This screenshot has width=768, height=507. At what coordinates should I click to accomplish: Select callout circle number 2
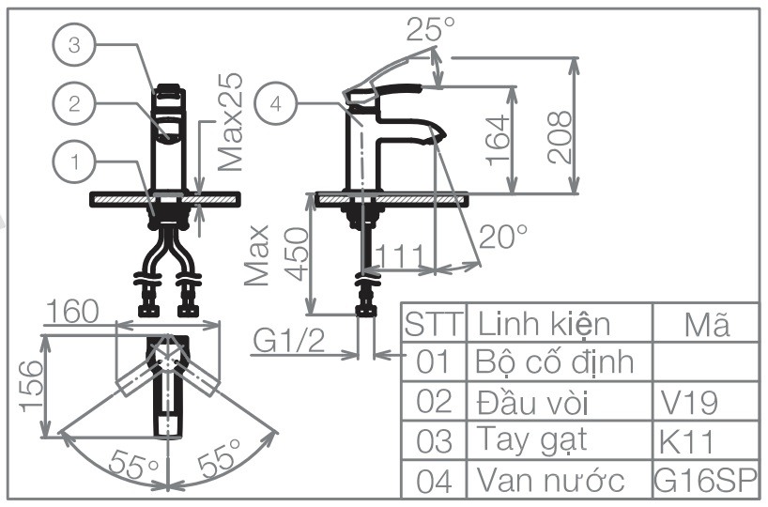[x=74, y=104]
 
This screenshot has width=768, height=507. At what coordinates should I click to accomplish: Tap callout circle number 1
[x=74, y=162]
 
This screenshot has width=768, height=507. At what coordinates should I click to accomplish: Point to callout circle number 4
[x=275, y=103]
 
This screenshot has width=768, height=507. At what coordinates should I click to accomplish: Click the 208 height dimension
[x=560, y=135]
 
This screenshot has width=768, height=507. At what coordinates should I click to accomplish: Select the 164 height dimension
[x=498, y=140]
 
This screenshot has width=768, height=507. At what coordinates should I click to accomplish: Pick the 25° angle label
[x=430, y=30]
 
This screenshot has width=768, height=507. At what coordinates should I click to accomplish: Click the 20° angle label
[x=502, y=237]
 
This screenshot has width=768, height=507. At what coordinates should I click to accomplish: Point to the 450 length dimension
[x=296, y=253]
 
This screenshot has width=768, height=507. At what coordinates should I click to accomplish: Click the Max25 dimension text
[x=229, y=123]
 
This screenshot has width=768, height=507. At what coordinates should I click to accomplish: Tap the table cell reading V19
[x=687, y=403]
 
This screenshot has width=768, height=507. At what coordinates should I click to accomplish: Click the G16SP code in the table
[x=704, y=480]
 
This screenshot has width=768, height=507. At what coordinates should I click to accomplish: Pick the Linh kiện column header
[x=544, y=324]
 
